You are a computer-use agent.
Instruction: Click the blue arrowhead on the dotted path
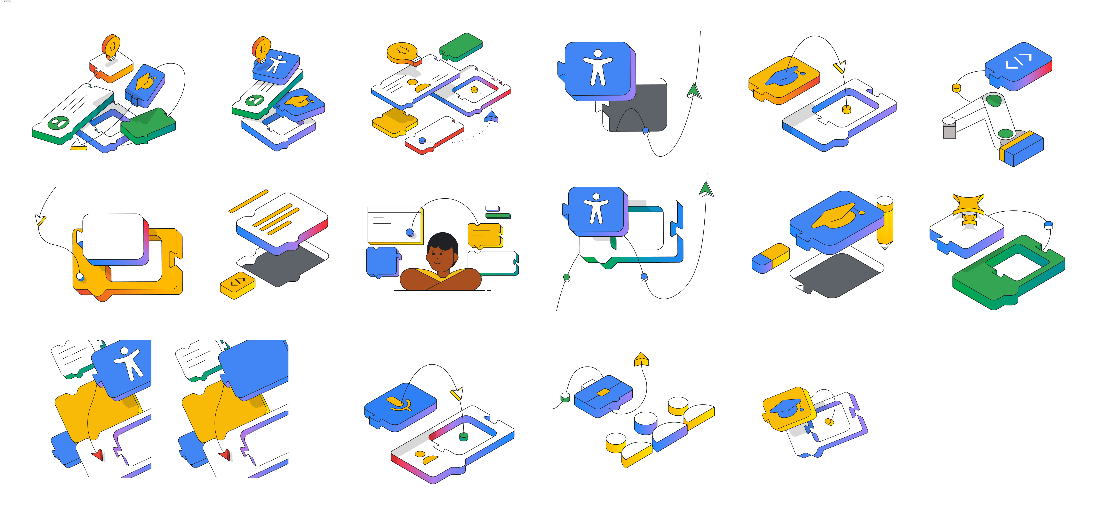coord(492,117)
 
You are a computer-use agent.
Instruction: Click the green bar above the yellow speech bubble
coord(497,215)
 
